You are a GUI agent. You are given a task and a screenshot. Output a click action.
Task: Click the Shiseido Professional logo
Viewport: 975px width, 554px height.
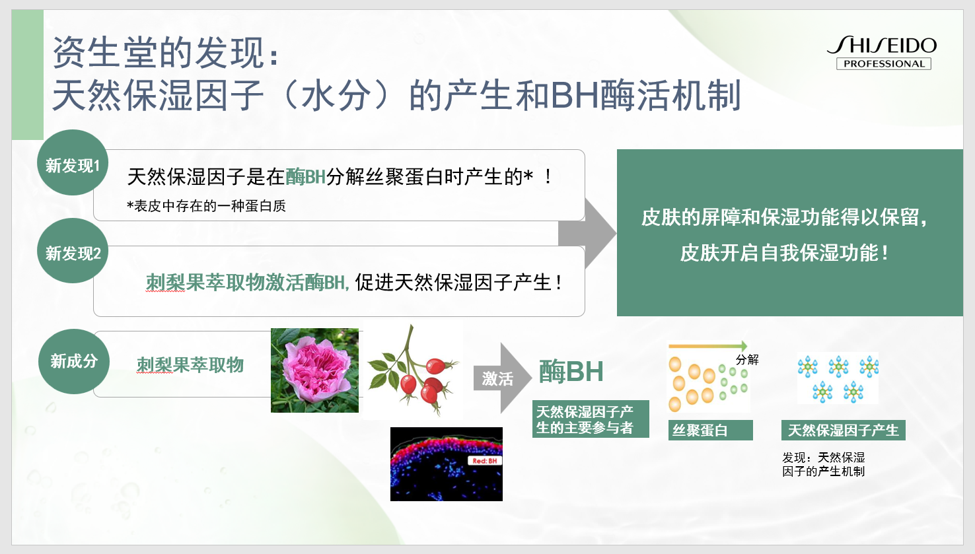(x=883, y=52)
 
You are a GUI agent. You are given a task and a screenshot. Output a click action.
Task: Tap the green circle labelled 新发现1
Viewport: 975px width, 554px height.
(x=73, y=162)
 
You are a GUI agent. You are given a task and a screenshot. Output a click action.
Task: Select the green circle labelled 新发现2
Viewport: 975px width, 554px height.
(x=73, y=251)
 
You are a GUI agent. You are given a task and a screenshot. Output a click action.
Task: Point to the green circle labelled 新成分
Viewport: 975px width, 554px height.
(x=73, y=361)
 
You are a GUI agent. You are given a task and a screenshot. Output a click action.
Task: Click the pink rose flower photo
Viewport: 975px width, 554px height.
(x=314, y=370)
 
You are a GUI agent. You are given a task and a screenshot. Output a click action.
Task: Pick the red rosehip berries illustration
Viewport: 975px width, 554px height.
(x=412, y=371)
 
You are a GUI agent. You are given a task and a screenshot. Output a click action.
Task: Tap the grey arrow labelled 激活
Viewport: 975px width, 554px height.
(x=502, y=378)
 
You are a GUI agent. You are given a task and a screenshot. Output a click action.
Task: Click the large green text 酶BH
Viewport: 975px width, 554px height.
(x=571, y=372)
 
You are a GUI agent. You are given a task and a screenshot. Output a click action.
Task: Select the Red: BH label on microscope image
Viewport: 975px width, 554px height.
(x=484, y=461)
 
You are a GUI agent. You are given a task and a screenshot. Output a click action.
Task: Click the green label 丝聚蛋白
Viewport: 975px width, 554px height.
(x=710, y=431)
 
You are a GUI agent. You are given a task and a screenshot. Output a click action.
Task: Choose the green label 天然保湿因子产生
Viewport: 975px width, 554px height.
(x=843, y=431)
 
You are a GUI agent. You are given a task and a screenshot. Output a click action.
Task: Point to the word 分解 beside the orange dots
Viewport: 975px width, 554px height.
(x=747, y=359)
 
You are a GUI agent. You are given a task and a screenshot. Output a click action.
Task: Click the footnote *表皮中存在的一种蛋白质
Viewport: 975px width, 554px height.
(x=206, y=206)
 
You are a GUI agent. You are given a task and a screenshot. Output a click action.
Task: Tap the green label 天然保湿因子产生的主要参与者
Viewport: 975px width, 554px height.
(x=591, y=419)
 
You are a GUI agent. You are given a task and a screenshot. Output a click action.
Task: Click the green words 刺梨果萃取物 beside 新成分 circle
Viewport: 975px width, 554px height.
(x=190, y=364)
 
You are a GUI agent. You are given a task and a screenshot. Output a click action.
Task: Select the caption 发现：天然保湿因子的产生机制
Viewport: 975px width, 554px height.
(x=824, y=464)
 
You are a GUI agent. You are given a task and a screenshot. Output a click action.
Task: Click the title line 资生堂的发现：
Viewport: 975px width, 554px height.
(x=166, y=53)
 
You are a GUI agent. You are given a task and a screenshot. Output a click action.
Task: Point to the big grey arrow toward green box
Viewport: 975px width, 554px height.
(x=587, y=233)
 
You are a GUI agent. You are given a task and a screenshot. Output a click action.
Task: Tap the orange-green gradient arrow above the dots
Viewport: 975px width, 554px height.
(x=707, y=346)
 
